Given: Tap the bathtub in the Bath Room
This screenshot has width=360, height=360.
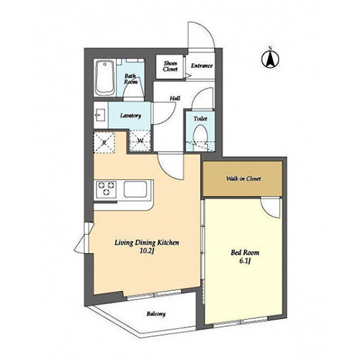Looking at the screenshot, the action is (104, 78).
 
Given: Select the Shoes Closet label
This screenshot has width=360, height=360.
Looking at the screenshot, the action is (170, 66).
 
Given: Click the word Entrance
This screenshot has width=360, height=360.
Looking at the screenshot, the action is (202, 66).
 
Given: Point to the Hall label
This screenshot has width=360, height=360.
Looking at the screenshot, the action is (175, 98).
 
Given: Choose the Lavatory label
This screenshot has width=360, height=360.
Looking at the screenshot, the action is (130, 116).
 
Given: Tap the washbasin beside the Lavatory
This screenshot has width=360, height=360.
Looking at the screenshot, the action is (100, 115).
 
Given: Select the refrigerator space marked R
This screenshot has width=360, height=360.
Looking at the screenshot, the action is (104, 143).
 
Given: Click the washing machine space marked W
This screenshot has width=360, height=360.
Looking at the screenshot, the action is (140, 141).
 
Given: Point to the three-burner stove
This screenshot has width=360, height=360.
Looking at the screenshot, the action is (106, 189).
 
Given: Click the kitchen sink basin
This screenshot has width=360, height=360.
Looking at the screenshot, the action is (135, 189).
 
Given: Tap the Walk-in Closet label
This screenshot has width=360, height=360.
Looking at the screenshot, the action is (243, 179).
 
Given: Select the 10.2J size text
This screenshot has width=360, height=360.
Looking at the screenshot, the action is (146, 251).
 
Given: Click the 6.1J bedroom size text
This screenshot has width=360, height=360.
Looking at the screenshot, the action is (245, 261).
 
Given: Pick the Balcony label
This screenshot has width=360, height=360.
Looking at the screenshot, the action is (156, 314).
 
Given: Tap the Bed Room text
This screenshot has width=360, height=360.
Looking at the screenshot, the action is (245, 253).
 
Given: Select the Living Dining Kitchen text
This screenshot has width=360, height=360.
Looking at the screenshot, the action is (147, 243).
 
